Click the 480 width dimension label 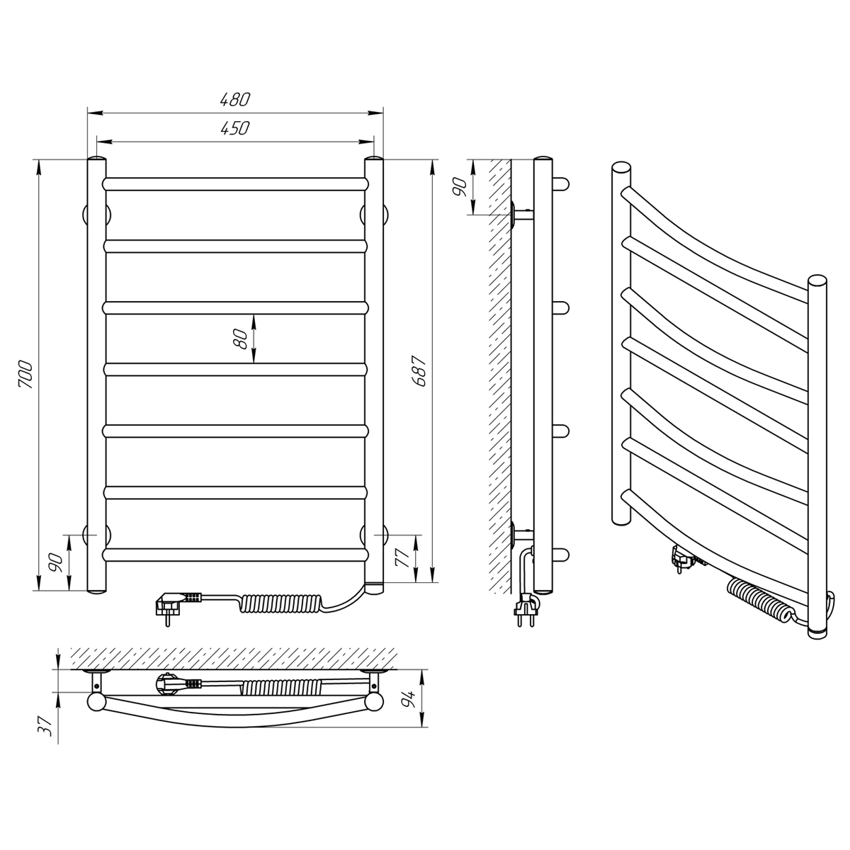pos(234,100)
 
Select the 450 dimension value pos(234,128)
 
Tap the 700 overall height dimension pos(25,375)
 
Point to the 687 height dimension pos(419,371)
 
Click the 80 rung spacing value pos(242,339)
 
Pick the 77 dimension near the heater pos(403,557)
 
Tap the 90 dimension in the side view pos(460,186)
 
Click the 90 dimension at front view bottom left pos(56,562)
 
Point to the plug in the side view pos(526,610)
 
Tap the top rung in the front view pos(236,184)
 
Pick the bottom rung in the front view pos(236,555)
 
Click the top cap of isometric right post pos(817,280)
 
